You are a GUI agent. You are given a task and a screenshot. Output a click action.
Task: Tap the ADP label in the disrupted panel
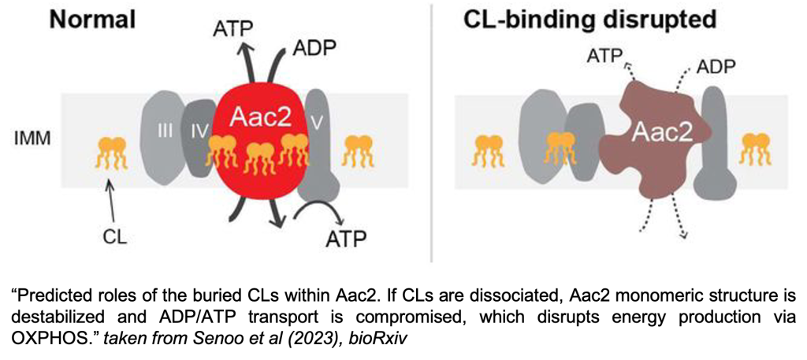click(x=716, y=68)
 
